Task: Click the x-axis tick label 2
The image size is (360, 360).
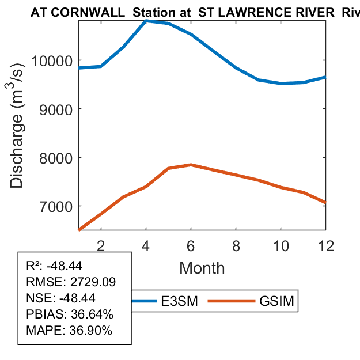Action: pyautogui.click(x=101, y=245)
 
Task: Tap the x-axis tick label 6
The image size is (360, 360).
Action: pyautogui.click(x=191, y=245)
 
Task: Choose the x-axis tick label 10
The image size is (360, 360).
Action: pyautogui.click(x=281, y=245)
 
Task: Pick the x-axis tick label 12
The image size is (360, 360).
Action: pyautogui.click(x=325, y=245)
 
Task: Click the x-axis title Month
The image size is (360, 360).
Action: pyautogui.click(x=202, y=268)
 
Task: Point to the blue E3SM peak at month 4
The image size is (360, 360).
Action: pyautogui.click(x=146, y=21)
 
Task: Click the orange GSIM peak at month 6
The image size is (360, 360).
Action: pyautogui.click(x=191, y=165)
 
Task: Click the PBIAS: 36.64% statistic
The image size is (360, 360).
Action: pyautogui.click(x=70, y=314)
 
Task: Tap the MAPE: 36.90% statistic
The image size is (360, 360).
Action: pyautogui.click(x=69, y=331)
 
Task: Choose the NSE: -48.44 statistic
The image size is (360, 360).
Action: pyautogui.click(x=60, y=298)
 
